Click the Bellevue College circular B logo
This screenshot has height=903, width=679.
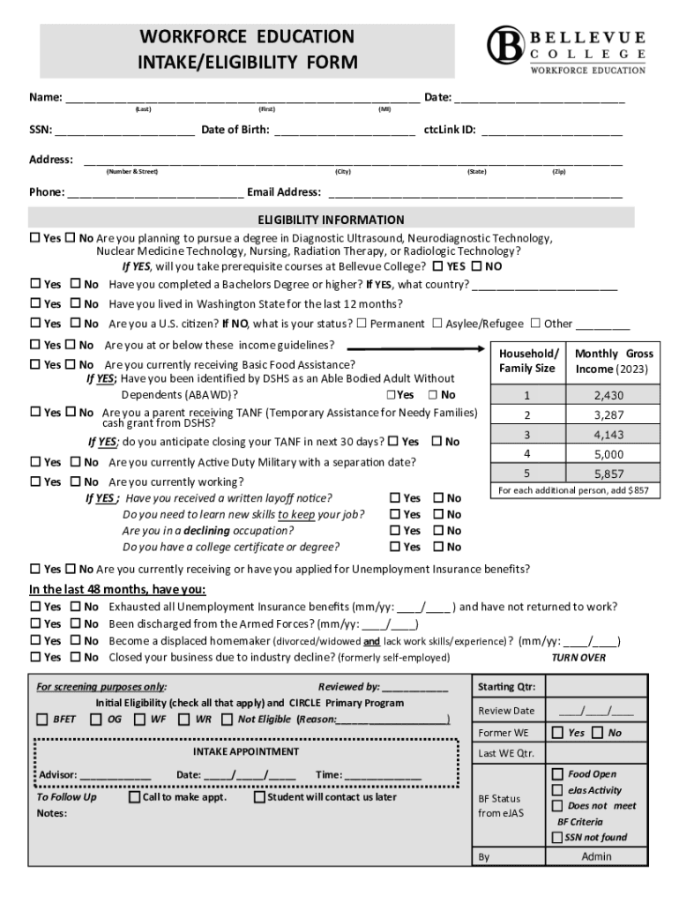[x=506, y=44]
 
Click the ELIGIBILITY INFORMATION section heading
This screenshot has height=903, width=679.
[x=331, y=220]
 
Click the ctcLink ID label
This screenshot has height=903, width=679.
[x=450, y=130]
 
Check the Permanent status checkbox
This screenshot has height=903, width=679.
[x=362, y=324]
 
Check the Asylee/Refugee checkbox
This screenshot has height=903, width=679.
[x=437, y=324]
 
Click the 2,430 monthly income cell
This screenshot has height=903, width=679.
[x=608, y=395]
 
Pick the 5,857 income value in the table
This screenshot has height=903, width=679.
[x=608, y=474]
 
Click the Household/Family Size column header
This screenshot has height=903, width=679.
[x=527, y=361]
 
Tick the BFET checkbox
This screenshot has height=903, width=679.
[x=41, y=720]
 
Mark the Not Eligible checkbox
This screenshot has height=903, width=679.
[x=228, y=720]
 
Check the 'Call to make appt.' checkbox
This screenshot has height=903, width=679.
[x=134, y=797]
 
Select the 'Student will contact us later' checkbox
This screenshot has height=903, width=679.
[x=259, y=797]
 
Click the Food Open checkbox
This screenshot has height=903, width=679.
[x=557, y=773]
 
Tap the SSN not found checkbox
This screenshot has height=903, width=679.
[x=557, y=837]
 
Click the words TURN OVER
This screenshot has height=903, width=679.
[x=578, y=657]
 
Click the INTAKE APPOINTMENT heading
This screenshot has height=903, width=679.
[x=246, y=751]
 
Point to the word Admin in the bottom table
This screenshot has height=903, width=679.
[x=596, y=856]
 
